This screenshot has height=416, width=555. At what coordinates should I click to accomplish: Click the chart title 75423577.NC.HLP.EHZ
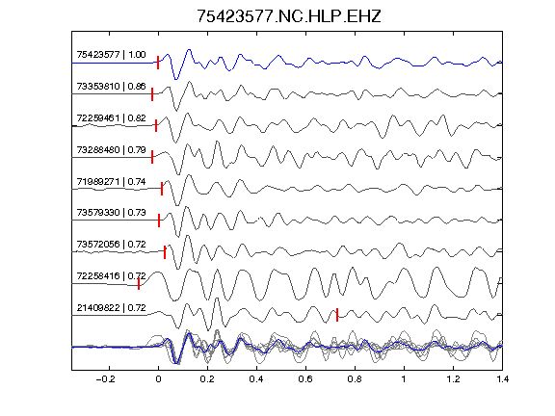[289, 16]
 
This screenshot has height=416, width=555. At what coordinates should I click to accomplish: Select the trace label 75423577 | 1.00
[111, 55]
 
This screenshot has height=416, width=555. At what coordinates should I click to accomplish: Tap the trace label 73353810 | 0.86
[111, 87]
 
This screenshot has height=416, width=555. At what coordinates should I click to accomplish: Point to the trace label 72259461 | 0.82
[111, 117]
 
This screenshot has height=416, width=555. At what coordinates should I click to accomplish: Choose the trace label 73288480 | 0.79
[111, 149]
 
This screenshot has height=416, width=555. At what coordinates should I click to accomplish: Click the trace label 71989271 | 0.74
[111, 181]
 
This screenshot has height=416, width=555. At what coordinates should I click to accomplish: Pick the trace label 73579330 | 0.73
[111, 212]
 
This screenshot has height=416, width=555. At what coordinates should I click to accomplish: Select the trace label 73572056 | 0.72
[111, 244]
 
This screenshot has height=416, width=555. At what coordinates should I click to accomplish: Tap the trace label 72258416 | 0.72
[111, 275]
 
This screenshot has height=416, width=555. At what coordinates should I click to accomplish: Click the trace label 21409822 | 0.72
[111, 308]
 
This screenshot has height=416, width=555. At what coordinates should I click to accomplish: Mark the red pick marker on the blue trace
[158, 63]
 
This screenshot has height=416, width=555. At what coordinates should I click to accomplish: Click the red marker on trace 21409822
[337, 315]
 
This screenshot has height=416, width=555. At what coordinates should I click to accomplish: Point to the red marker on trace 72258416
[139, 283]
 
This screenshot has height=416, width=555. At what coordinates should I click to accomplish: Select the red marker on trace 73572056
[165, 252]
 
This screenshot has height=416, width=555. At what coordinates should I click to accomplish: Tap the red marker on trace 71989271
[162, 189]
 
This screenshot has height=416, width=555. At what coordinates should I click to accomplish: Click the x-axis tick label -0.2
[105, 379]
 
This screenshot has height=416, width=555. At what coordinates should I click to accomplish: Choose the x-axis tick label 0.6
[305, 379]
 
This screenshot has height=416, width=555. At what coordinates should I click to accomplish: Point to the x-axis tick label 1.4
[502, 379]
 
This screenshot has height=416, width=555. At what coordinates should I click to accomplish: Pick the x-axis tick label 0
[158, 379]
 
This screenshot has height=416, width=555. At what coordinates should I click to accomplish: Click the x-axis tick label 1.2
[453, 379]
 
